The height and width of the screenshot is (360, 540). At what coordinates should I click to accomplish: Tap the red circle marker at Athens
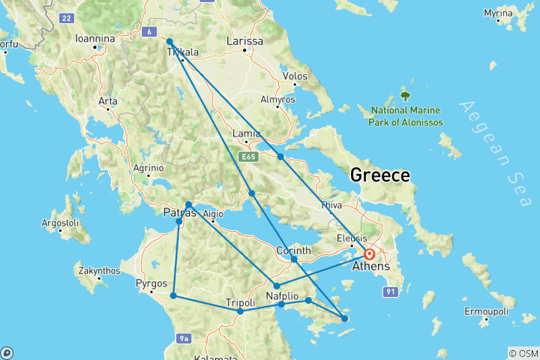(369, 254)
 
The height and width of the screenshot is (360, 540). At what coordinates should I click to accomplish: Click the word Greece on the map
(380, 175)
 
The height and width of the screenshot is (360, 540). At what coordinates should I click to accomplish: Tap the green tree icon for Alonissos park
(406, 95)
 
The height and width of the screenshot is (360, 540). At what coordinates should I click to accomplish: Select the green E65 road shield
(248, 156)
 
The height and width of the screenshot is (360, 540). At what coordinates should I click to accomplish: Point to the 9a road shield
(185, 339)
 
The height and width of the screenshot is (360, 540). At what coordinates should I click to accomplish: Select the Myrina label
(519, 13)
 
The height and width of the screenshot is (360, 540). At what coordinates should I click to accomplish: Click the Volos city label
(295, 76)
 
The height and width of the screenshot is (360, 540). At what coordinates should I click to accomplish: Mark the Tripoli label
(241, 302)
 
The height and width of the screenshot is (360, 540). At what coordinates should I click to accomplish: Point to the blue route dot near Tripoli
(240, 311)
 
